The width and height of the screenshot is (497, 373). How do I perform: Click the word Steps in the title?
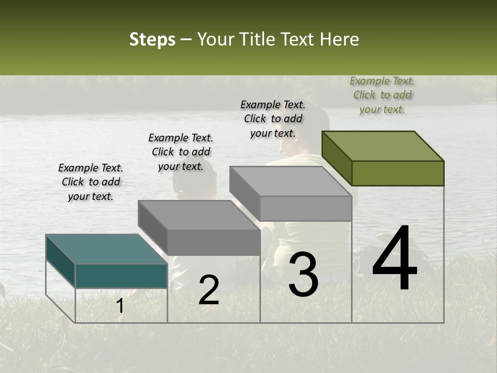[x=152, y=40]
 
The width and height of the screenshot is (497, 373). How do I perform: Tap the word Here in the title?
[x=340, y=39]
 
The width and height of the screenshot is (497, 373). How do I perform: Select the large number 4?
[x=394, y=259]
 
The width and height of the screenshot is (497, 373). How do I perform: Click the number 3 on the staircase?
[x=303, y=275]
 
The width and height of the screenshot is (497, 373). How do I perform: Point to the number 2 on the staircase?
[x=209, y=290]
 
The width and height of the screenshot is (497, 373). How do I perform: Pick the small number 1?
[x=120, y=306]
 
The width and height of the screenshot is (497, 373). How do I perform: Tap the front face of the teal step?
[x=121, y=276]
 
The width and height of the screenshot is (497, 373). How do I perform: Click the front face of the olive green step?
[x=398, y=173]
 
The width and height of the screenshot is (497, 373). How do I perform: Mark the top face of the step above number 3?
[x=290, y=181]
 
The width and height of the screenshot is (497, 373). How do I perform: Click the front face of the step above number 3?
[x=305, y=208]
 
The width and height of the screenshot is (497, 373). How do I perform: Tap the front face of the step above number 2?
[x=213, y=242]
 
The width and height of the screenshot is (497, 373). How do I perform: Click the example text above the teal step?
[x=91, y=182]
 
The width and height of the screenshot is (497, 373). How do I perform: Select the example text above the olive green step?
[x=382, y=95]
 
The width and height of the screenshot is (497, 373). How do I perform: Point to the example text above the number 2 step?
[x=181, y=152]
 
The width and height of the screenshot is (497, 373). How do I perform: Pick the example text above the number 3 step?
[x=273, y=119]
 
